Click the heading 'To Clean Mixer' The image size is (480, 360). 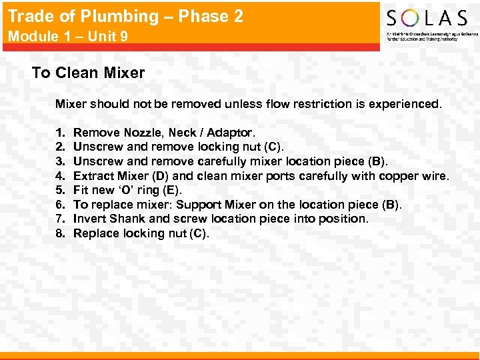pyautogui.click(x=88, y=73)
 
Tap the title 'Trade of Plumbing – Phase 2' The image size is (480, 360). pyautogui.click(x=125, y=17)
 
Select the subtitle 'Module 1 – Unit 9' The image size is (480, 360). pyautogui.click(x=68, y=37)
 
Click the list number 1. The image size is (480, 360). pyautogui.click(x=61, y=132)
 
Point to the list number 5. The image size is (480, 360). pyautogui.click(x=61, y=190)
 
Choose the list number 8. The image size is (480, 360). pyautogui.click(x=61, y=233)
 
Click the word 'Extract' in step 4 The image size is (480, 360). pyautogui.click(x=92, y=176)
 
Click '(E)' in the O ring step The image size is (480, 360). pyautogui.click(x=170, y=190)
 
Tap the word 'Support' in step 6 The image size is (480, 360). pyautogui.click(x=200, y=205)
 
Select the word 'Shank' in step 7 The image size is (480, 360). pyautogui.click(x=127, y=219)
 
